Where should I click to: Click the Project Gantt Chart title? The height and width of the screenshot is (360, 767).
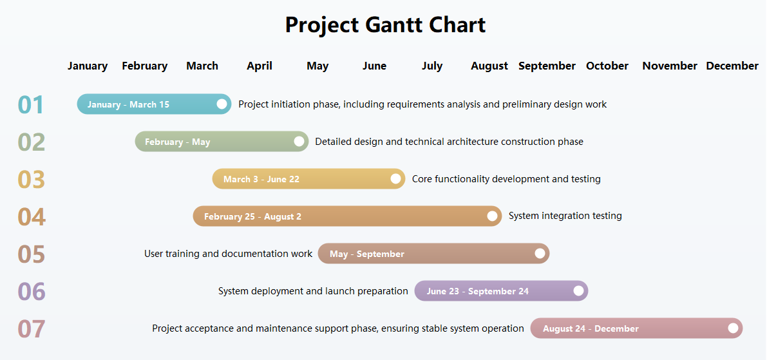pos(385,25)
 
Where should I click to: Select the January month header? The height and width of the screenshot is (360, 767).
pos(88,66)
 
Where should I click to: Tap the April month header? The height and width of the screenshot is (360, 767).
pos(260,66)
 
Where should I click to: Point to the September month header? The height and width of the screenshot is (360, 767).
pos(547,66)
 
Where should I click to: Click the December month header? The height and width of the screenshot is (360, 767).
pos(732,66)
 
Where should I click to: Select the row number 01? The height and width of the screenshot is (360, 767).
pos(31,104)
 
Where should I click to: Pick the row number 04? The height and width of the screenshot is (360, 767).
pos(32,216)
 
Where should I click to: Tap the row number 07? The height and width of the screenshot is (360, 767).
pos(32,328)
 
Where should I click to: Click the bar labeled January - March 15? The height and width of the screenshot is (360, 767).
pos(148,104)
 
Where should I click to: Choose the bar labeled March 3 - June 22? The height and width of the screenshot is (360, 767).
pos(303,179)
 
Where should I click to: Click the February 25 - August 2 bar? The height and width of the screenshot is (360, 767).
pos(341,216)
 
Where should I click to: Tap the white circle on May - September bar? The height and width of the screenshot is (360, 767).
pos(540,254)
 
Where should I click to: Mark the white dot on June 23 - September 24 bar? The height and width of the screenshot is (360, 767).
pos(578,291)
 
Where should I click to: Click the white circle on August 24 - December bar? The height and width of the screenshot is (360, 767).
pos(733,328)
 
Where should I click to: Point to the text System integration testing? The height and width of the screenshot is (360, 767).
pos(565,216)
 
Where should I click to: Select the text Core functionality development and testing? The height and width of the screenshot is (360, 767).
pos(506,179)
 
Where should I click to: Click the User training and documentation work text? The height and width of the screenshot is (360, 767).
pos(228,254)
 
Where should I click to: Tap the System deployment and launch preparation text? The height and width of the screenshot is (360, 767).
pos(313,291)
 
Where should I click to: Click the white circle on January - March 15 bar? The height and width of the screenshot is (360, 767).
pos(222,104)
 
